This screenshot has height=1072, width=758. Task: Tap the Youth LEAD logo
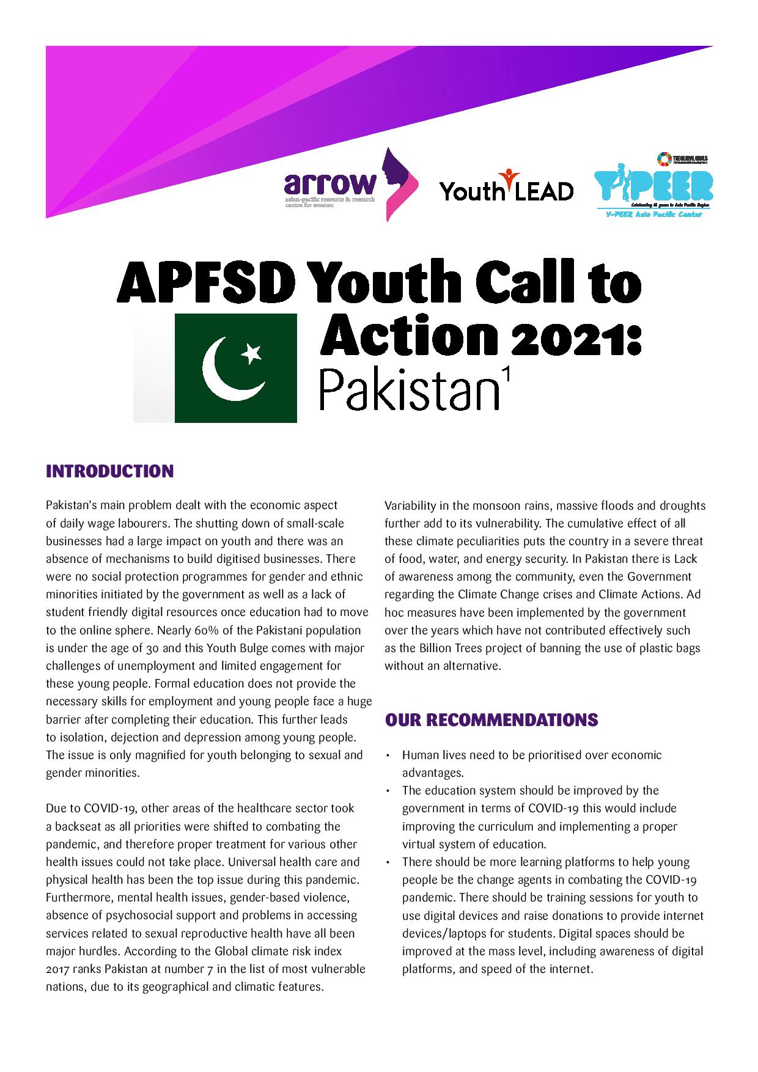(506, 187)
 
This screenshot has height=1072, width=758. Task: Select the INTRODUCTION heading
(109, 472)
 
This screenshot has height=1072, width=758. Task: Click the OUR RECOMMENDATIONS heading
(491, 720)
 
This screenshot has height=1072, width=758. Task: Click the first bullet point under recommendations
(389, 756)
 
